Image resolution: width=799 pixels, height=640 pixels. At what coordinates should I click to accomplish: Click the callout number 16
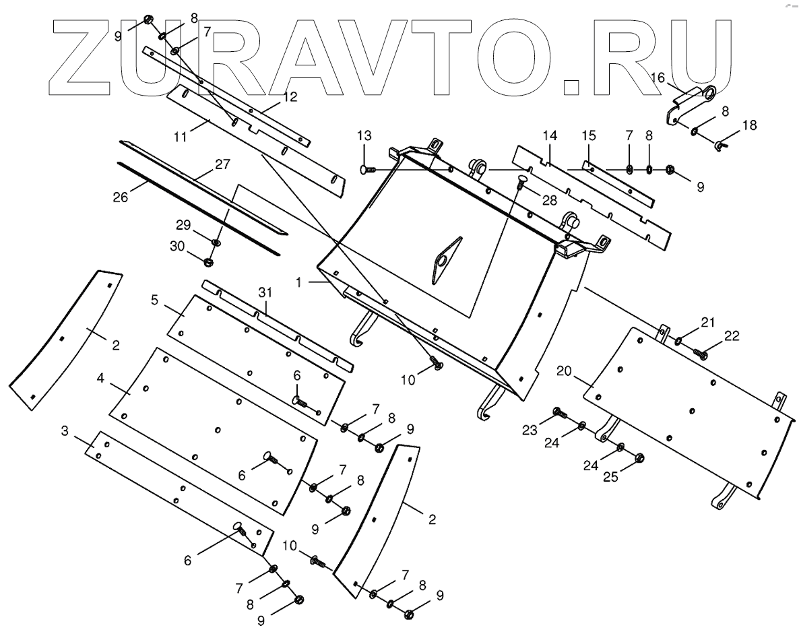pos(154,300)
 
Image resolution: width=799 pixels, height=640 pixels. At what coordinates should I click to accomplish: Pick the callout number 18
pos(749,125)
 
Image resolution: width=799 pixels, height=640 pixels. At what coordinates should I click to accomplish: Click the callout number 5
pos(154,300)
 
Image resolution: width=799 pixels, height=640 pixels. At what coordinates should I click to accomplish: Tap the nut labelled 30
pos(208,261)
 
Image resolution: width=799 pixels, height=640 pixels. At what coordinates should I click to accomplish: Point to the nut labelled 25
pos(640,459)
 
